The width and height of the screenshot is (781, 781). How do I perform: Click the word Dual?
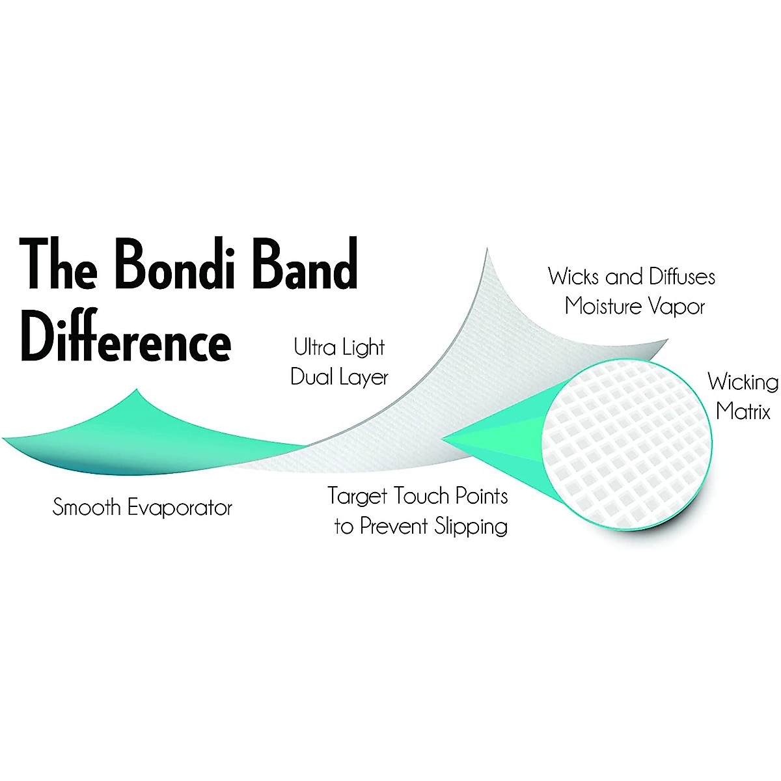(x=311, y=377)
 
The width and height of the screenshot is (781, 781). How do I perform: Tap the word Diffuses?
(x=674, y=277)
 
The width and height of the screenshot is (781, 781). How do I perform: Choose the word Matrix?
(x=743, y=411)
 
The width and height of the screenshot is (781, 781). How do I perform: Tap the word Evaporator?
(x=180, y=508)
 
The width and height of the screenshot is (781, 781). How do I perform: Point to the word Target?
(x=358, y=497)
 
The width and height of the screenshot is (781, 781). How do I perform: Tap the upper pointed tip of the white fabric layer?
(x=486, y=251)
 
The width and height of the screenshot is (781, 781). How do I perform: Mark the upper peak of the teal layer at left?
(x=138, y=391)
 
